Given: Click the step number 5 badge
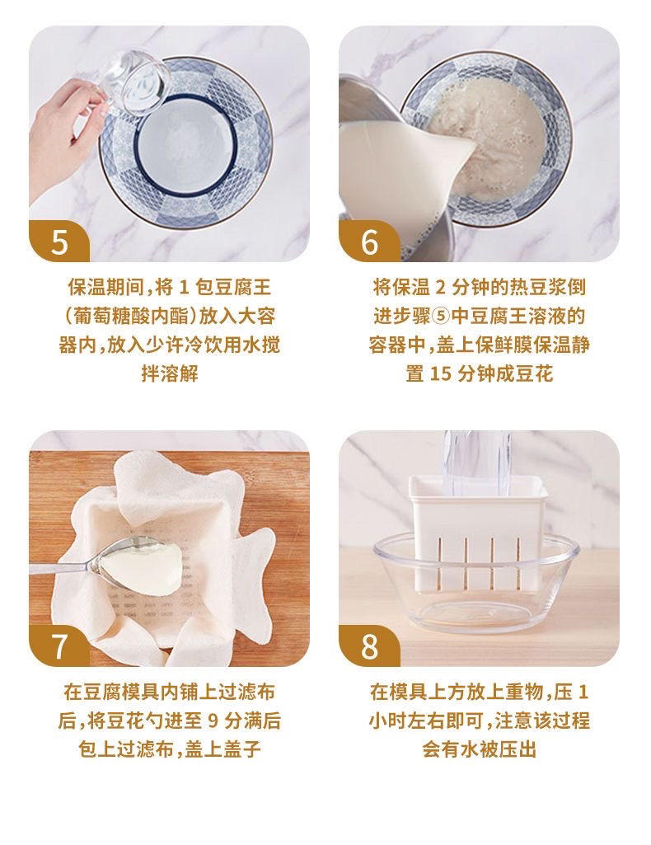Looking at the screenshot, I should [59, 242].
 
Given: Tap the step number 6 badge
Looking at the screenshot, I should [368, 242].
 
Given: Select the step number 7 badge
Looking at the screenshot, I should [59, 645].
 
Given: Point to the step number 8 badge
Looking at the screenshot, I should [368, 645].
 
